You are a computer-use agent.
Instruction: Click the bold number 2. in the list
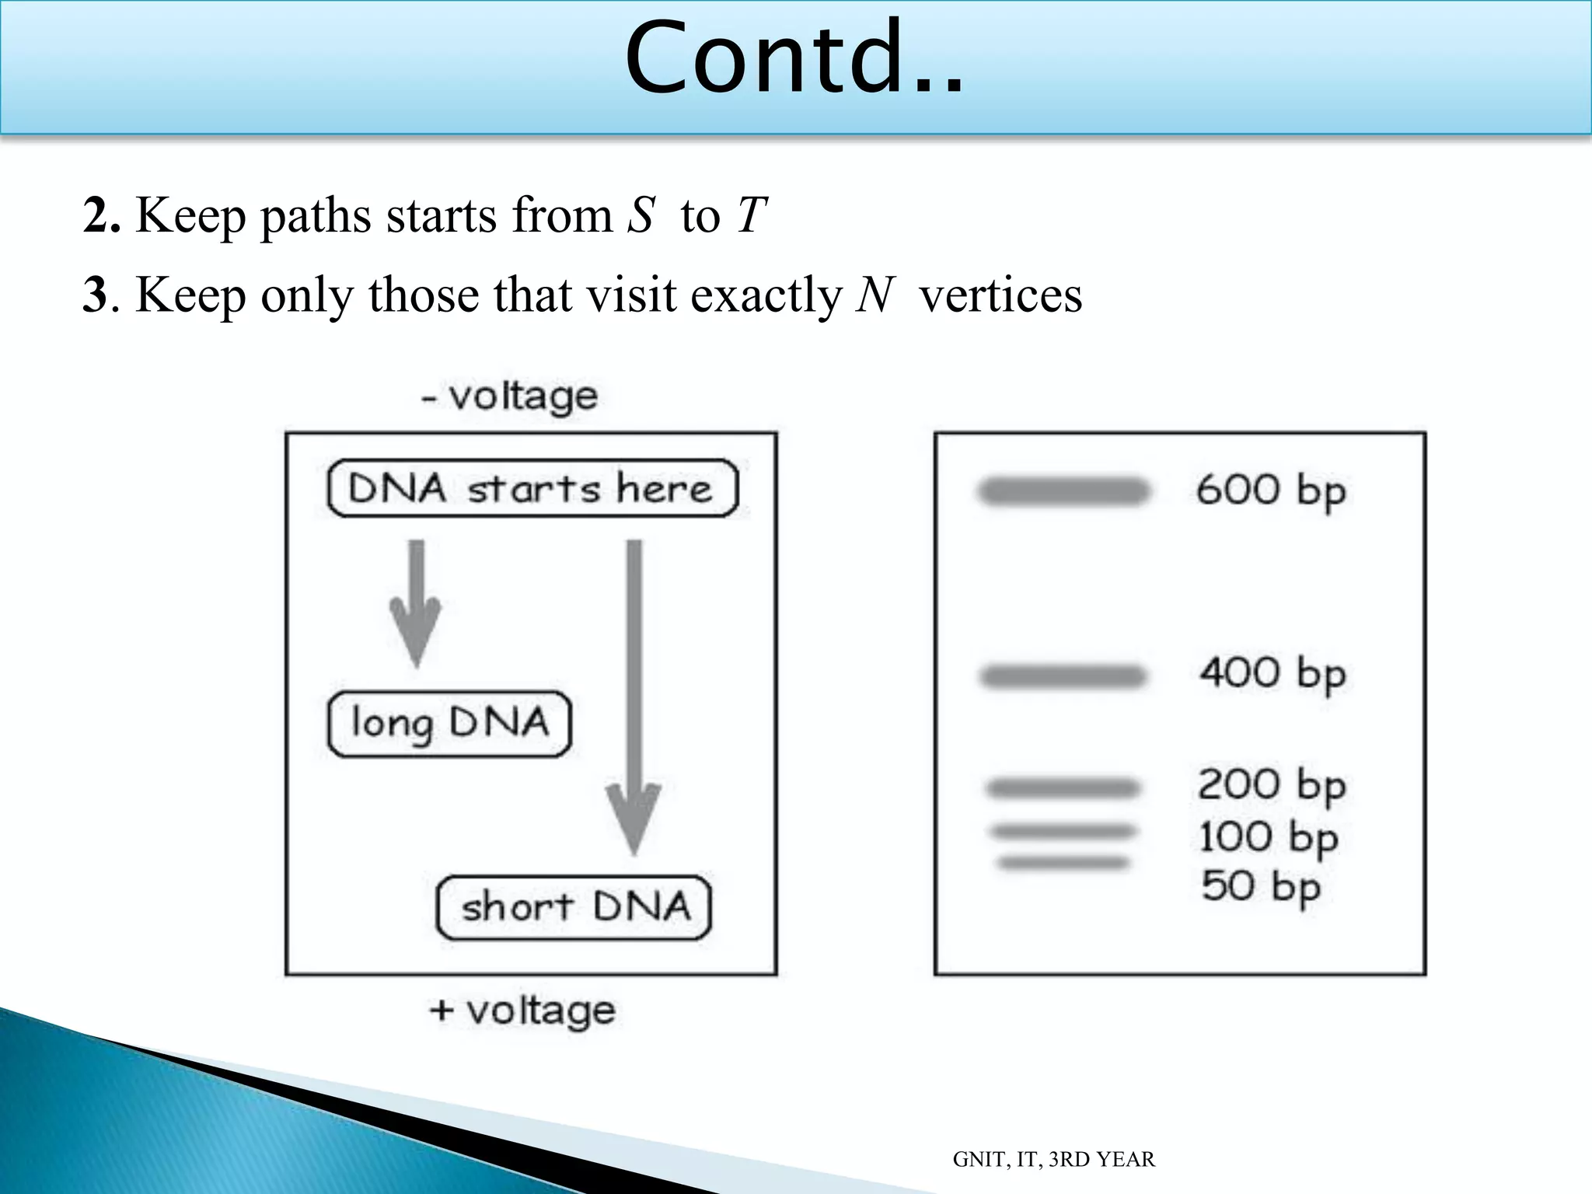(101, 216)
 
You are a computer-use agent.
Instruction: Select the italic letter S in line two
(641, 215)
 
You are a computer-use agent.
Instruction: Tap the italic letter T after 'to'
(752, 215)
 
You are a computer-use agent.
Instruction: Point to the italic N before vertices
(875, 295)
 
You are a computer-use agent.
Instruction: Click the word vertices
(1000, 295)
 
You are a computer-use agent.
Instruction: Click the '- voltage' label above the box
(510, 396)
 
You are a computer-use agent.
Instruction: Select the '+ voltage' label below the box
(522, 1011)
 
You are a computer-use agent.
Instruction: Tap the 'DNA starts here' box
(532, 489)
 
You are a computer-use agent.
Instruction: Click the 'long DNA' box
(449, 724)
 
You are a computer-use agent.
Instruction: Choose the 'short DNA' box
(574, 907)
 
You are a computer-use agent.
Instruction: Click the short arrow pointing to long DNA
(417, 602)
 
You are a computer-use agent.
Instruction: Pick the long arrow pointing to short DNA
(634, 700)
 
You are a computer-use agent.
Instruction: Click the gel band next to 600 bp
(1063, 491)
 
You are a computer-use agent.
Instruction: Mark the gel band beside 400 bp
(1063, 676)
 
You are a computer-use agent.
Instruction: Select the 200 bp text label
(1271, 785)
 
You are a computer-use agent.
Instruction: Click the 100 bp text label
(1268, 838)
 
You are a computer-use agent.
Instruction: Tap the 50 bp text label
(1260, 887)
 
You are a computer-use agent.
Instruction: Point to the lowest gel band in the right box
(1063, 863)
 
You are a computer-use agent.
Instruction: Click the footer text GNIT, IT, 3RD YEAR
(1053, 1160)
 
